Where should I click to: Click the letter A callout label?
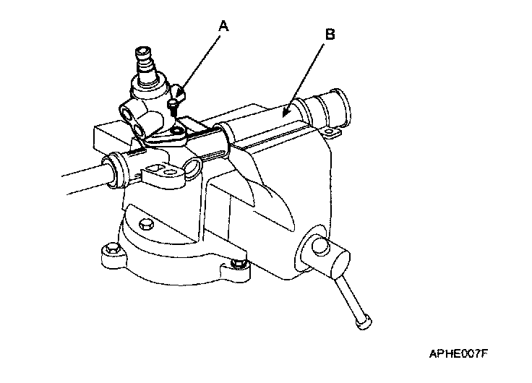click(x=223, y=27)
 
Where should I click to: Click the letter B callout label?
click(x=330, y=34)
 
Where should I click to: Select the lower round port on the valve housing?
click(x=139, y=130)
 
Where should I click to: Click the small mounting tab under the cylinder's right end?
click(x=333, y=134)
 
